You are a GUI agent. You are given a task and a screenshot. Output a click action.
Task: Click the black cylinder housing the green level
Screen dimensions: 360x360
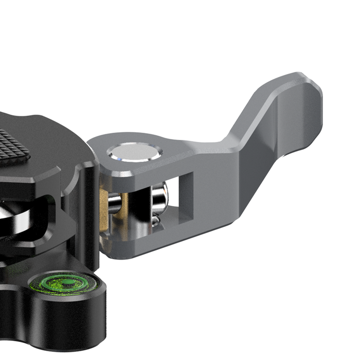tap(67, 314)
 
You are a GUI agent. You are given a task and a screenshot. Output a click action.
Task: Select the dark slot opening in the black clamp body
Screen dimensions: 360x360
tap(31, 216)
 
